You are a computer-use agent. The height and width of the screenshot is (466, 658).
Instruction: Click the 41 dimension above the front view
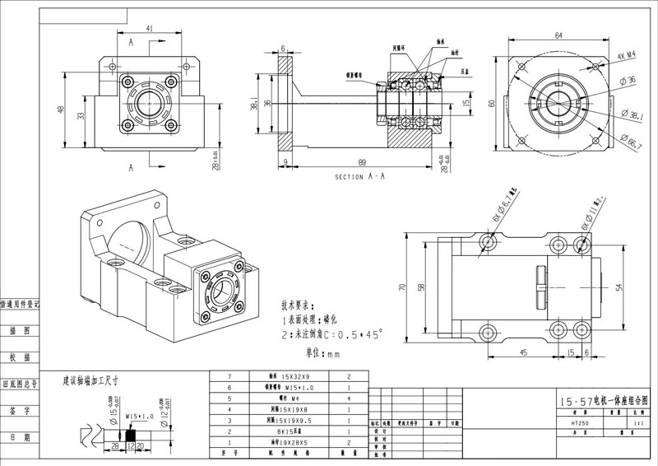click(x=151, y=28)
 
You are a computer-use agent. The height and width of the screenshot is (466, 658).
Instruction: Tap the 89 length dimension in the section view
click(x=361, y=162)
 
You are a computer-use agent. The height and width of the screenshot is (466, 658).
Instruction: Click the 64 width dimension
click(x=559, y=35)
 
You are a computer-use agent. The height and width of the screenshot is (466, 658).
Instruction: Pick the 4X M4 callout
click(x=628, y=56)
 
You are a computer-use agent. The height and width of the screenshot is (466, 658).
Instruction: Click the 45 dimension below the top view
click(x=523, y=352)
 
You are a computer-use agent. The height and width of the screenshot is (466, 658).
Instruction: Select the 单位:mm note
click(x=322, y=355)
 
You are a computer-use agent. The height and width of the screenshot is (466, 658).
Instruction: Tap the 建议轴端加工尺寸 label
click(x=91, y=382)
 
